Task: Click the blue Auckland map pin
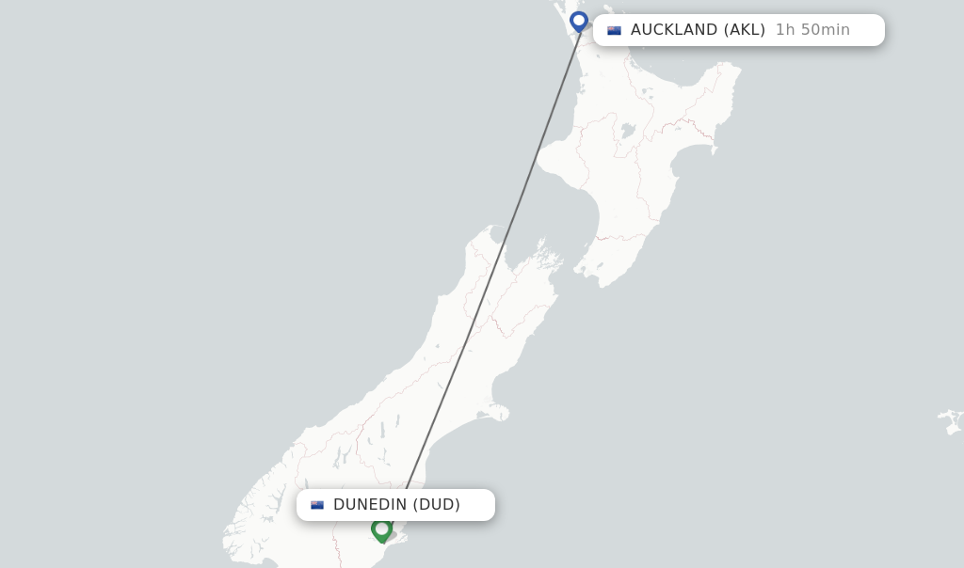coord(578,21)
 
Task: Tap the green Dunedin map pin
coord(381,529)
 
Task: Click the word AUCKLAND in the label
coord(674,30)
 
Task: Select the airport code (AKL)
coord(745,30)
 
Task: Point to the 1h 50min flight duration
coord(812,30)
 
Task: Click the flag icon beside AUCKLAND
coord(615,30)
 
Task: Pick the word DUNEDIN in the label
coord(370,505)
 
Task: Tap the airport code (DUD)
coord(437,505)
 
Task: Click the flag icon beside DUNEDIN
coord(317,505)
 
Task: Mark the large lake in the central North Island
coord(627,132)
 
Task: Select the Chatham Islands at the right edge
coord(951,420)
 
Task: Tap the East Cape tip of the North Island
coord(735,68)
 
